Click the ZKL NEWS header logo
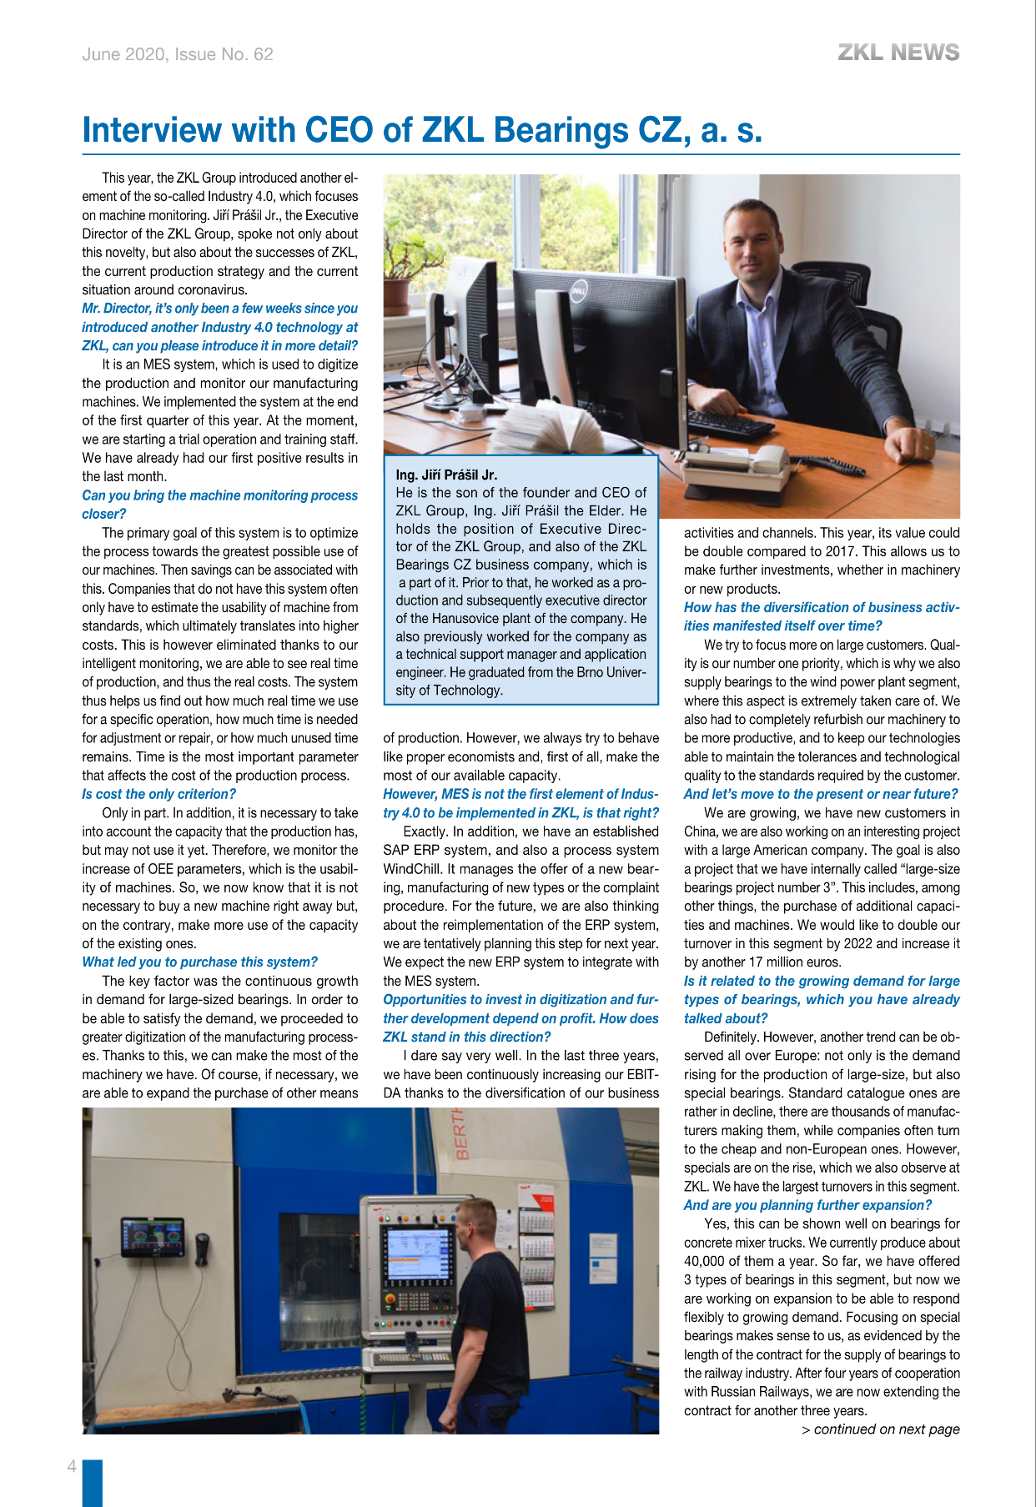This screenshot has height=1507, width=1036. [x=898, y=53]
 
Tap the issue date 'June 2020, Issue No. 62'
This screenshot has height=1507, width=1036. [x=178, y=54]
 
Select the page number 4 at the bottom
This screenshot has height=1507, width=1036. [x=73, y=1466]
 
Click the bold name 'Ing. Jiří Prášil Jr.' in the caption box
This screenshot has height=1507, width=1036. [x=446, y=475]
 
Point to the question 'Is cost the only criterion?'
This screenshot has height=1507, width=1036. [x=158, y=794]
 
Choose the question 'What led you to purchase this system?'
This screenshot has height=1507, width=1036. [x=199, y=962]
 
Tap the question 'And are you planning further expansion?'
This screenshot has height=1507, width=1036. [x=807, y=1205]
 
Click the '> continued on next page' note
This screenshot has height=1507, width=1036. [x=880, y=1429]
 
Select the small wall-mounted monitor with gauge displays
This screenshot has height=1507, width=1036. [x=153, y=1237]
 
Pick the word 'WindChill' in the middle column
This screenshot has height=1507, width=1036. [x=412, y=869]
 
